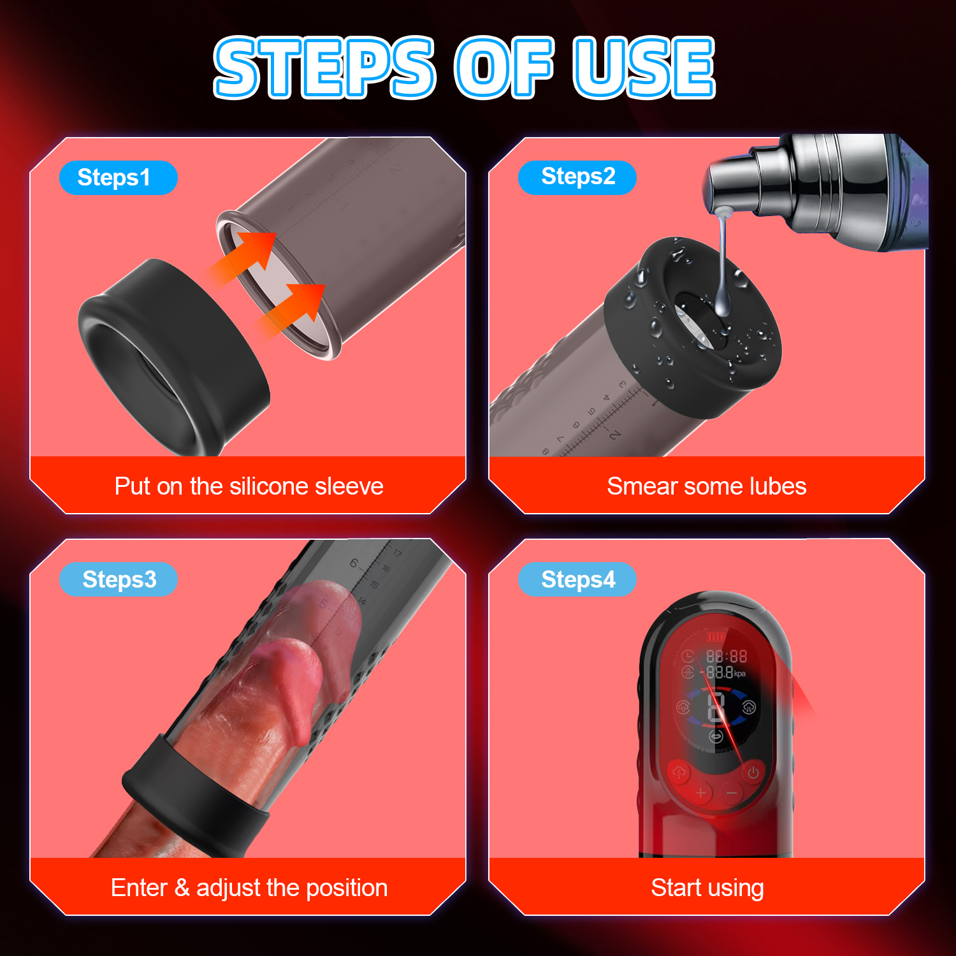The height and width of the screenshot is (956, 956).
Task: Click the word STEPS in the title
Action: click(325, 67)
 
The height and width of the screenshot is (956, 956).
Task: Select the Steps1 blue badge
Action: click(118, 177)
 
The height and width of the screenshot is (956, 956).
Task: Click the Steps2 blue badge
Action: click(577, 177)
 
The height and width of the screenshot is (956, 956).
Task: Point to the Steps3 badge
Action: click(119, 579)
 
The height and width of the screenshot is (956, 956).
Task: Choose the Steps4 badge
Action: click(577, 579)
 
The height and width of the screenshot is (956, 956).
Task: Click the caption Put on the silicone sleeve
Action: click(249, 486)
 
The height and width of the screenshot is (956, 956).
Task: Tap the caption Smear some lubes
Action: click(707, 486)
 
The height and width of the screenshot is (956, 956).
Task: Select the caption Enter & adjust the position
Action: click(249, 888)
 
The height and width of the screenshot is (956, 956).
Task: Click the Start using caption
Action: click(707, 888)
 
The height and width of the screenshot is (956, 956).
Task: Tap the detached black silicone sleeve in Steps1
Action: click(173, 357)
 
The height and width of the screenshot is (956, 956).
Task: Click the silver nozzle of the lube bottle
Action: click(733, 185)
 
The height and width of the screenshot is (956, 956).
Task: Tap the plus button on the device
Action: click(701, 793)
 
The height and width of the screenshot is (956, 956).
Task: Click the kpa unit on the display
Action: click(740, 674)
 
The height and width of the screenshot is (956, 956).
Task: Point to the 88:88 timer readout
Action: click(726, 656)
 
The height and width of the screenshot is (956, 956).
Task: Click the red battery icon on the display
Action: click(716, 637)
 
